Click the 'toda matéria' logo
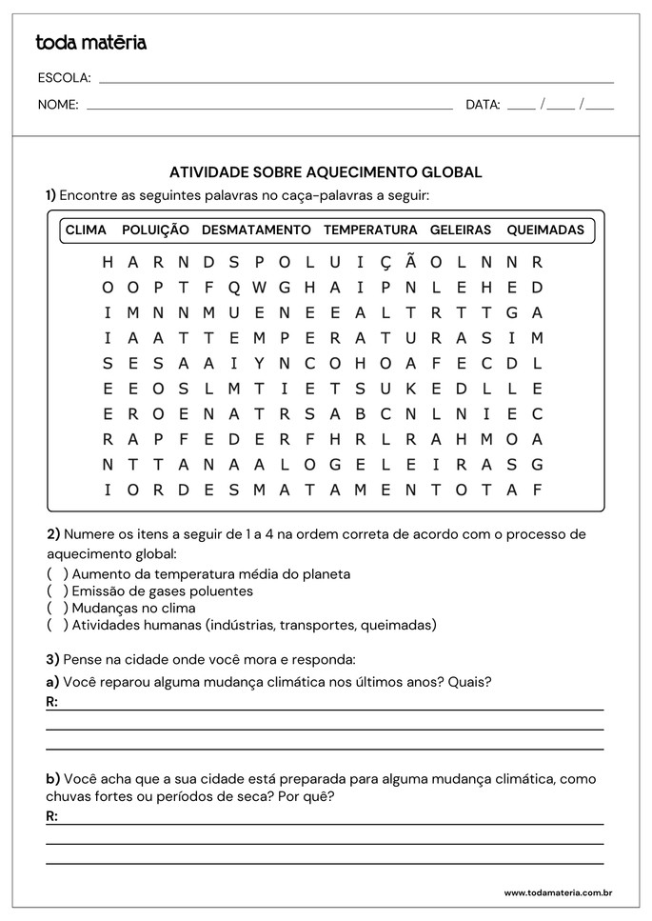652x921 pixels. click(90, 43)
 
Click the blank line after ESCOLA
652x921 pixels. click(356, 80)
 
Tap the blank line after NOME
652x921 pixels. click(269, 108)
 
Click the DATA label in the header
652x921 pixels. click(483, 106)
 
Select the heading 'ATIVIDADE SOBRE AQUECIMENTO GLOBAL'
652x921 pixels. click(326, 172)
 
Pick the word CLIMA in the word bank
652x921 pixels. click(86, 230)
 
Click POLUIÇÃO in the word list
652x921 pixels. click(155, 230)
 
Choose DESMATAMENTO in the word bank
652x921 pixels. click(256, 230)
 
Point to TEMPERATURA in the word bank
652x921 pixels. click(370, 230)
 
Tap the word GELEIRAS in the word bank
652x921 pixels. click(461, 230)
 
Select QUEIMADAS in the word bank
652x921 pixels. click(545, 230)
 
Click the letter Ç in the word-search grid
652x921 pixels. click(385, 262)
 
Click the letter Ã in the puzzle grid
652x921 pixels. click(410, 262)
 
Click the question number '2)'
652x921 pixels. click(54, 534)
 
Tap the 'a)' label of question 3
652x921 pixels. click(53, 682)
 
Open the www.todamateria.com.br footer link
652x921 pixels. click(557, 893)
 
